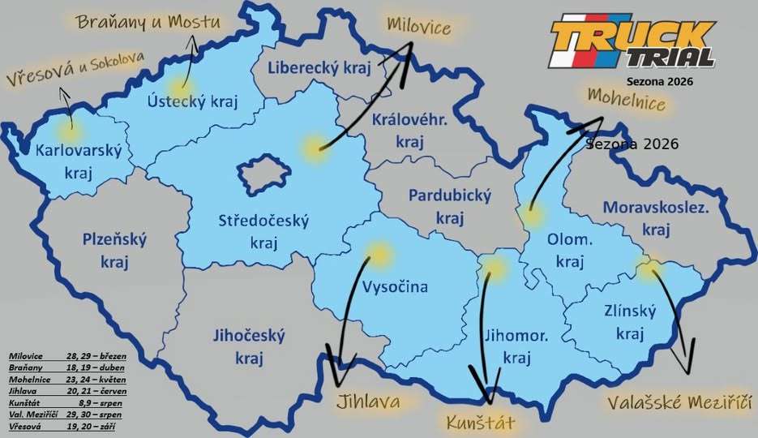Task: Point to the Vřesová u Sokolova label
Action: pos(75,71)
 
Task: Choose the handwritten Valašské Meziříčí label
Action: pos(679,401)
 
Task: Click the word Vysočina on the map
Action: pos(395,286)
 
